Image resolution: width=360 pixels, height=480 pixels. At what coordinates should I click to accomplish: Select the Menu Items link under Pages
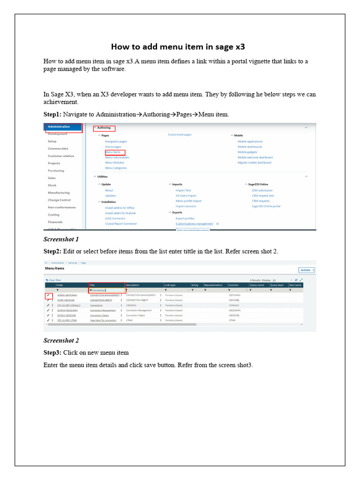tap(113, 152)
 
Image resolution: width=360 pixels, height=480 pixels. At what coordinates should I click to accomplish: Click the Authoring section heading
tap(104, 128)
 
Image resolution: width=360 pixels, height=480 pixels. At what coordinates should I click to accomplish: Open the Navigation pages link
tap(116, 142)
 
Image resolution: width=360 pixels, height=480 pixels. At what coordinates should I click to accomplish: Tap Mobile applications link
tap(250, 142)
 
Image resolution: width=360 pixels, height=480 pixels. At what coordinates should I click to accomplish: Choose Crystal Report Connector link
tap(121, 224)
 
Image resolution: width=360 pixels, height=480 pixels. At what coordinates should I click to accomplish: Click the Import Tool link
tap(183, 190)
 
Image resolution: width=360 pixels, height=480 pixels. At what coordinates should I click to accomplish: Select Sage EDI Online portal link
tap(266, 206)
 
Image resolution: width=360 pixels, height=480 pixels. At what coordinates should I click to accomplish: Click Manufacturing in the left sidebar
tap(59, 193)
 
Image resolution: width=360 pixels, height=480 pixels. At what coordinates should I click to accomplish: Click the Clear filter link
tap(55, 280)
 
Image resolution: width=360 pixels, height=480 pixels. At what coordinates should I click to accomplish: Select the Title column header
tap(92, 285)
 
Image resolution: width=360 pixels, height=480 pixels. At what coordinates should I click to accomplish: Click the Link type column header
tap(170, 285)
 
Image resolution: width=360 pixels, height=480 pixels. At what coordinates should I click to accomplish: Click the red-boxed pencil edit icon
tap(48, 295)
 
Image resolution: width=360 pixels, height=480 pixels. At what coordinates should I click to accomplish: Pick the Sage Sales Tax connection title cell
tap(103, 320)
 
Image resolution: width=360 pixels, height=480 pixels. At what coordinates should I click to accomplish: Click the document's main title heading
tap(178, 47)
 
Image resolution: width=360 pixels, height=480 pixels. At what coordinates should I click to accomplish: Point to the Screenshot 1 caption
tap(61, 239)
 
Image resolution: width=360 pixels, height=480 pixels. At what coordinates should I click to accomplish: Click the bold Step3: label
tap(52, 352)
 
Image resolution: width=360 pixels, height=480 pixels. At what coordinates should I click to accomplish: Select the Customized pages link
tap(180, 135)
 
